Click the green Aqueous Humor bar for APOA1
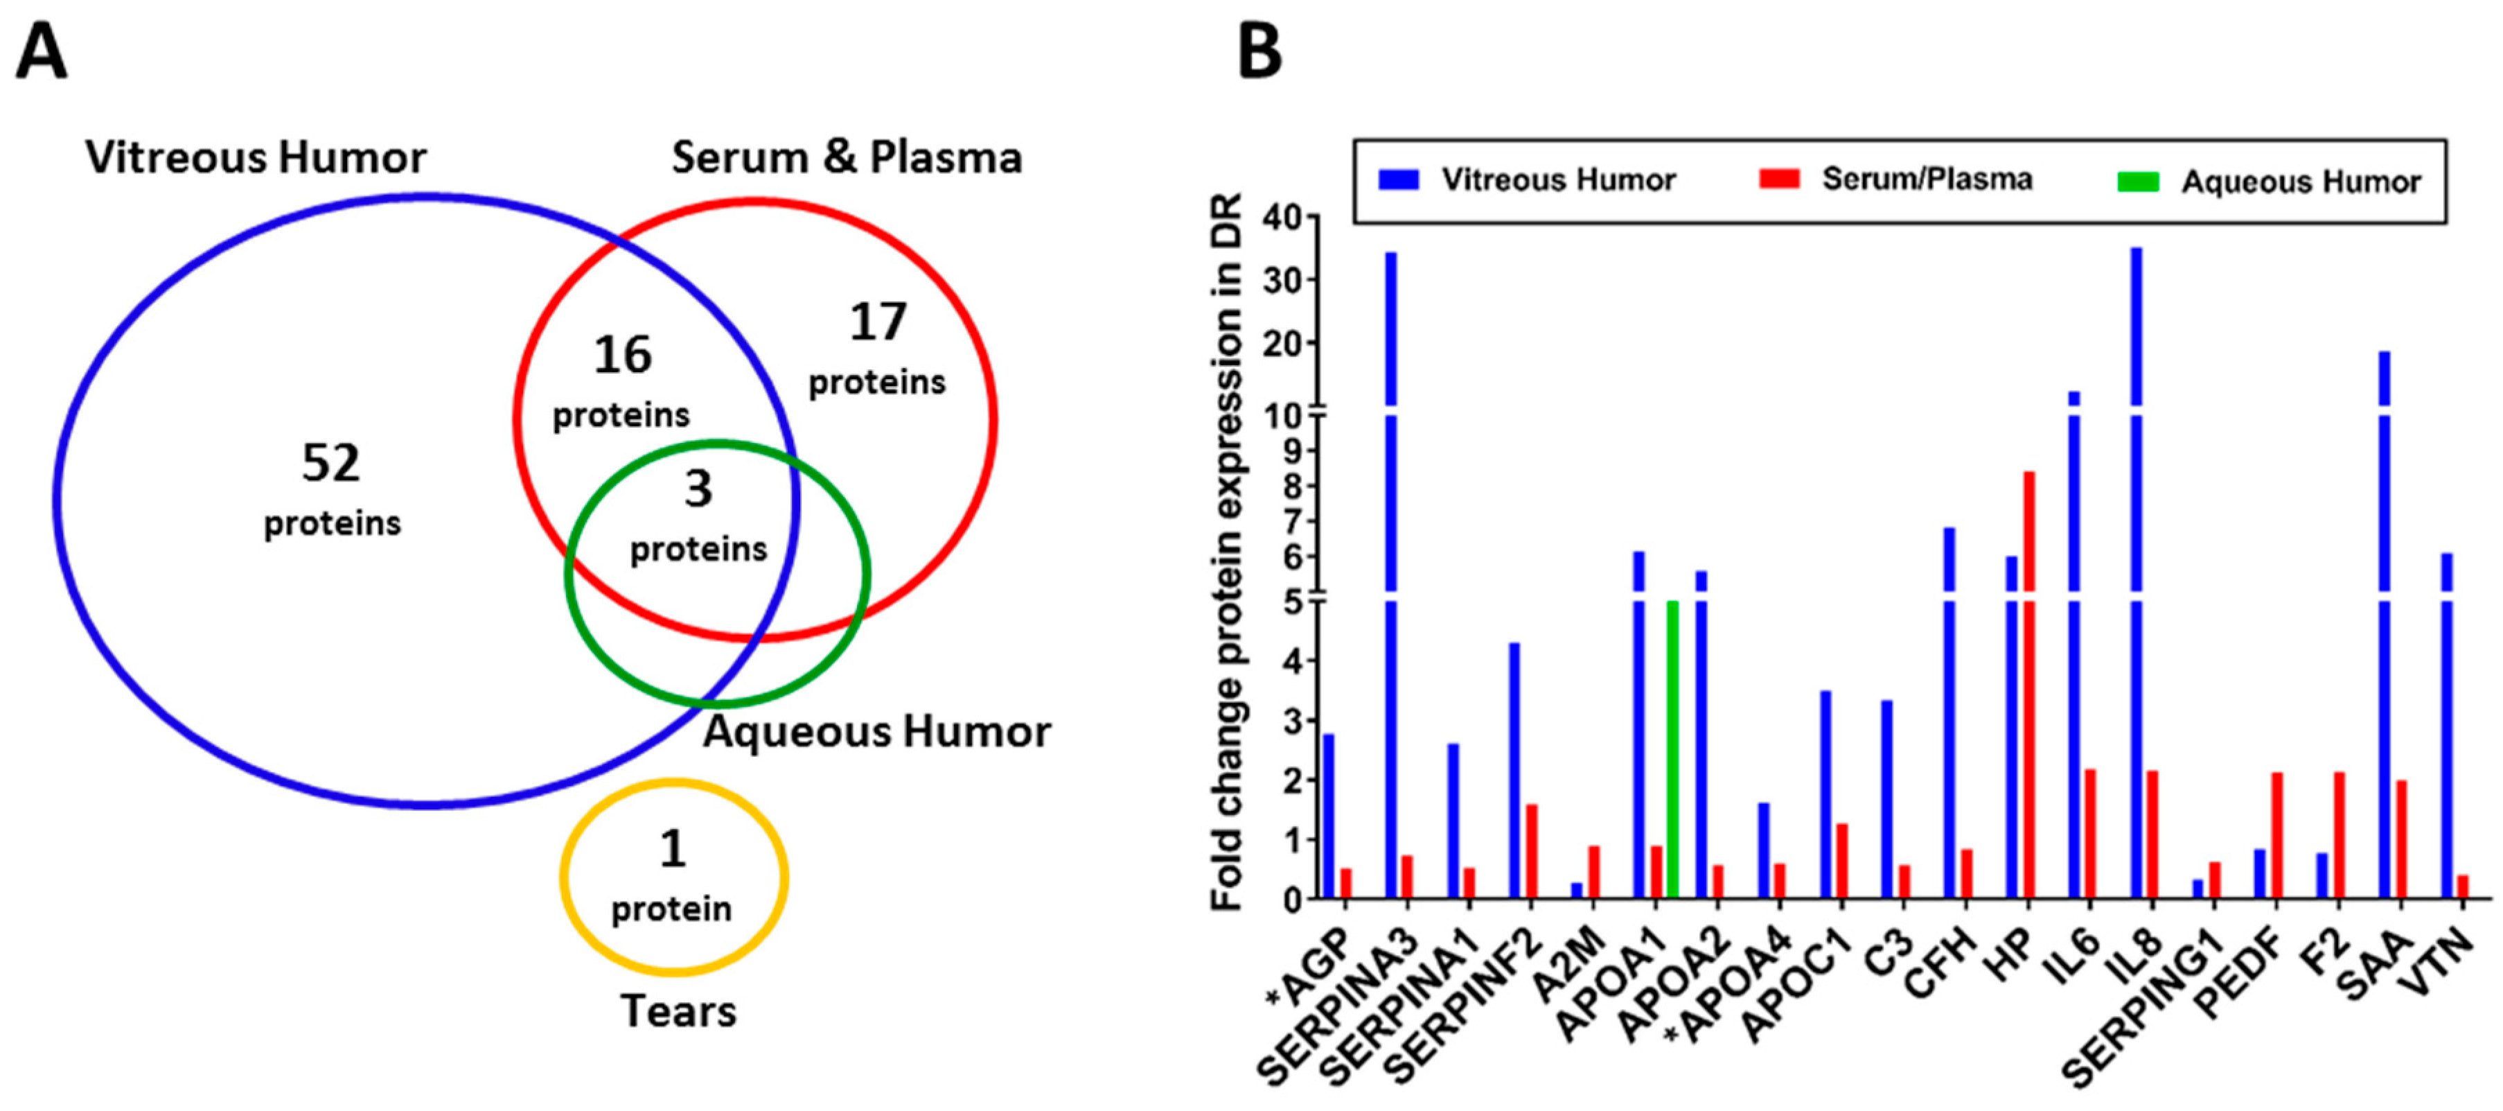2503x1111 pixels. click(x=1672, y=749)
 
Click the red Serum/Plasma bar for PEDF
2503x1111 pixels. click(x=2276, y=835)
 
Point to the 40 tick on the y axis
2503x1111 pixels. click(x=1282, y=217)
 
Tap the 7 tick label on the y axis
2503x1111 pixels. click(x=1291, y=522)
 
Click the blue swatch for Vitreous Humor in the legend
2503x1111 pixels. click(x=1398, y=180)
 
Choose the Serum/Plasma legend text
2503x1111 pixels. click(x=1927, y=180)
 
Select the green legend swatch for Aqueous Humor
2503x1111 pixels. click(x=2138, y=182)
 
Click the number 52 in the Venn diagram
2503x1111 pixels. click(x=330, y=463)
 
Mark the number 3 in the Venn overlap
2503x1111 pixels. click(x=698, y=488)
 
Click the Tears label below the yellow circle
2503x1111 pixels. click(x=678, y=1011)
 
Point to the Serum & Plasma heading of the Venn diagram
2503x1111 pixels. click(x=847, y=157)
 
